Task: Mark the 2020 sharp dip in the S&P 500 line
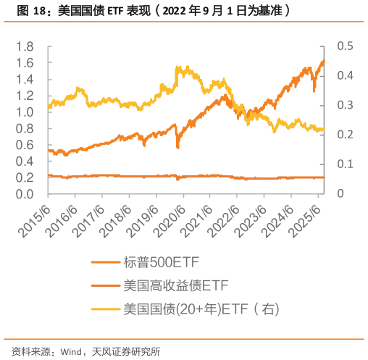click(178, 148)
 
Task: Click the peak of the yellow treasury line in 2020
click(177, 67)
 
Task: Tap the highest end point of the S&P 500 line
click(322, 60)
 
